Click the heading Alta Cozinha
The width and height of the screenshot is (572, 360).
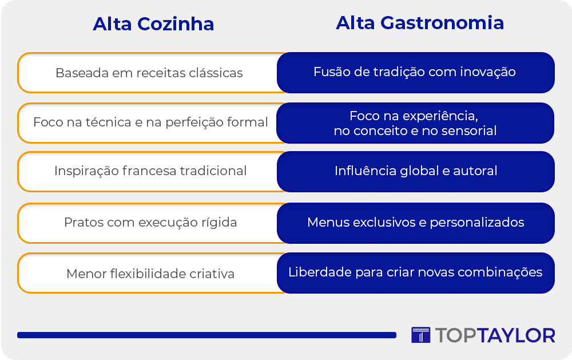click(x=153, y=24)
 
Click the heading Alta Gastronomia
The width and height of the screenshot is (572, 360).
click(x=420, y=23)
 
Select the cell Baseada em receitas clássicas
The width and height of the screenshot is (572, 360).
click(x=149, y=73)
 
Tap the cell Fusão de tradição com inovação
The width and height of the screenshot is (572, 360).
click(x=415, y=72)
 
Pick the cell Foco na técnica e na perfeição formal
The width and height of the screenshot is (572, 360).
click(x=149, y=122)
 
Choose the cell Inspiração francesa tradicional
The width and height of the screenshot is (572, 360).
click(x=149, y=171)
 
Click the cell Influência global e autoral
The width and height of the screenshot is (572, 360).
click(x=415, y=171)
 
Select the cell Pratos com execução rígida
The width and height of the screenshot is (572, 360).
click(x=149, y=223)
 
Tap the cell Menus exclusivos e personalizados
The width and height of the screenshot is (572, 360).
click(x=415, y=223)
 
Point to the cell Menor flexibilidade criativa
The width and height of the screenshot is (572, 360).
click(x=149, y=273)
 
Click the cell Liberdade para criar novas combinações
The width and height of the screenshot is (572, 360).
click(x=415, y=273)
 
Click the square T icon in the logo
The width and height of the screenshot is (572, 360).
click(x=420, y=335)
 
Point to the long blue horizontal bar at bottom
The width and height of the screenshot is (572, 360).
click(x=206, y=335)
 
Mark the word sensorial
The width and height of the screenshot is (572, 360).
click(x=469, y=130)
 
